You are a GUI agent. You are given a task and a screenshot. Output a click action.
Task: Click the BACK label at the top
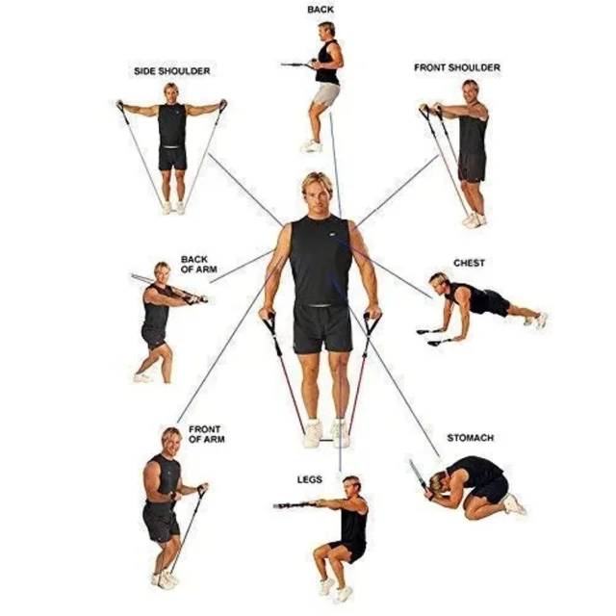pos(321,10)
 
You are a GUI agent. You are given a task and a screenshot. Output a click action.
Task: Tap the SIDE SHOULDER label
pos(171,71)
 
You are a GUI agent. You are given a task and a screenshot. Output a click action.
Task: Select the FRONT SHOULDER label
pos(457,67)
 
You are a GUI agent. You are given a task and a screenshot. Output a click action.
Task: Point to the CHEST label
pos(469,263)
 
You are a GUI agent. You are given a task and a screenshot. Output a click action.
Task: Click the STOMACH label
pos(471,438)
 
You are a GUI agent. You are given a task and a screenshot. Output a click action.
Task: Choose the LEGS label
pos(310,479)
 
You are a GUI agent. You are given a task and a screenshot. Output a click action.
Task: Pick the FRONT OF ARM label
pos(207,434)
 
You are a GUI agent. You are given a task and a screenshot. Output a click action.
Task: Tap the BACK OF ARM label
pos(199,265)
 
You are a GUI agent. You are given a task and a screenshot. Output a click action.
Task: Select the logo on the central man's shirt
pos(333,235)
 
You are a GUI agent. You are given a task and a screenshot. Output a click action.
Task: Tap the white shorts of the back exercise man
pos(325,94)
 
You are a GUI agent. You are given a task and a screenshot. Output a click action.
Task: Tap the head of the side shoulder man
pos(171,93)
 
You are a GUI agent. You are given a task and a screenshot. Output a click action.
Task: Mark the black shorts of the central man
pos(322,328)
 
